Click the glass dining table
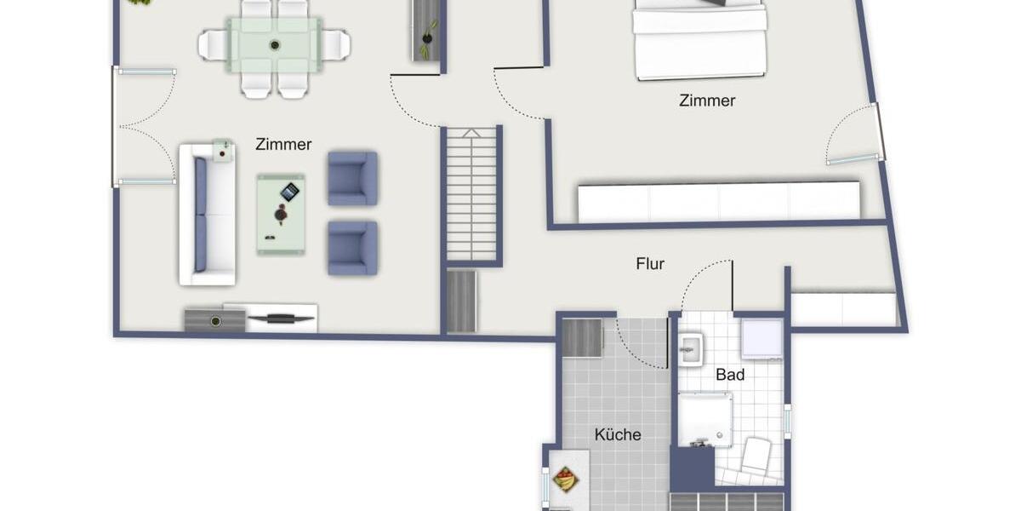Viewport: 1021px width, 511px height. [x=274, y=45]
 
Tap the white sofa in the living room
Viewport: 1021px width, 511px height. [x=207, y=215]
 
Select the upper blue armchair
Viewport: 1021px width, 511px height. [x=352, y=178]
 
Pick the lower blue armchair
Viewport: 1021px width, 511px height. [x=352, y=248]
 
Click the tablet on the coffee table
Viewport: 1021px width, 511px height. [x=290, y=192]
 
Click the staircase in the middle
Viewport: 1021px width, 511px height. [x=471, y=194]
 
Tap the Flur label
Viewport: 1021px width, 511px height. [x=650, y=264]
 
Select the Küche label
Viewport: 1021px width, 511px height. [x=618, y=434]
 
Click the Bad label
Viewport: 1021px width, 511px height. [x=730, y=375]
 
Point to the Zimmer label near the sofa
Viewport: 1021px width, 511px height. [x=283, y=145]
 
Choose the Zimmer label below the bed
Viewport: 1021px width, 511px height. [x=707, y=100]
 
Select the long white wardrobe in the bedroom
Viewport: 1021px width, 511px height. [x=718, y=202]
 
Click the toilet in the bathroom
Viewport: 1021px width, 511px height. [x=756, y=456]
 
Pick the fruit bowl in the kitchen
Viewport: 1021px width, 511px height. [x=564, y=480]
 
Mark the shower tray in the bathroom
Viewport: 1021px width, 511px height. [x=704, y=419]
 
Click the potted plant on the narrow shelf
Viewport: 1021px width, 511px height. [x=428, y=38]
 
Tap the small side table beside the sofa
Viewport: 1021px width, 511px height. [x=223, y=151]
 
